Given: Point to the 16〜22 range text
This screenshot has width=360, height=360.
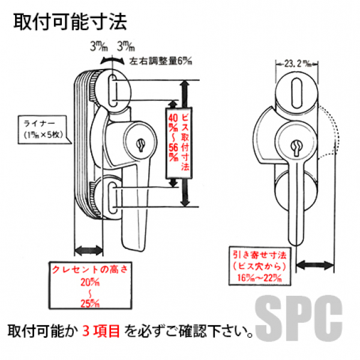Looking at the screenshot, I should click(x=259, y=277).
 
